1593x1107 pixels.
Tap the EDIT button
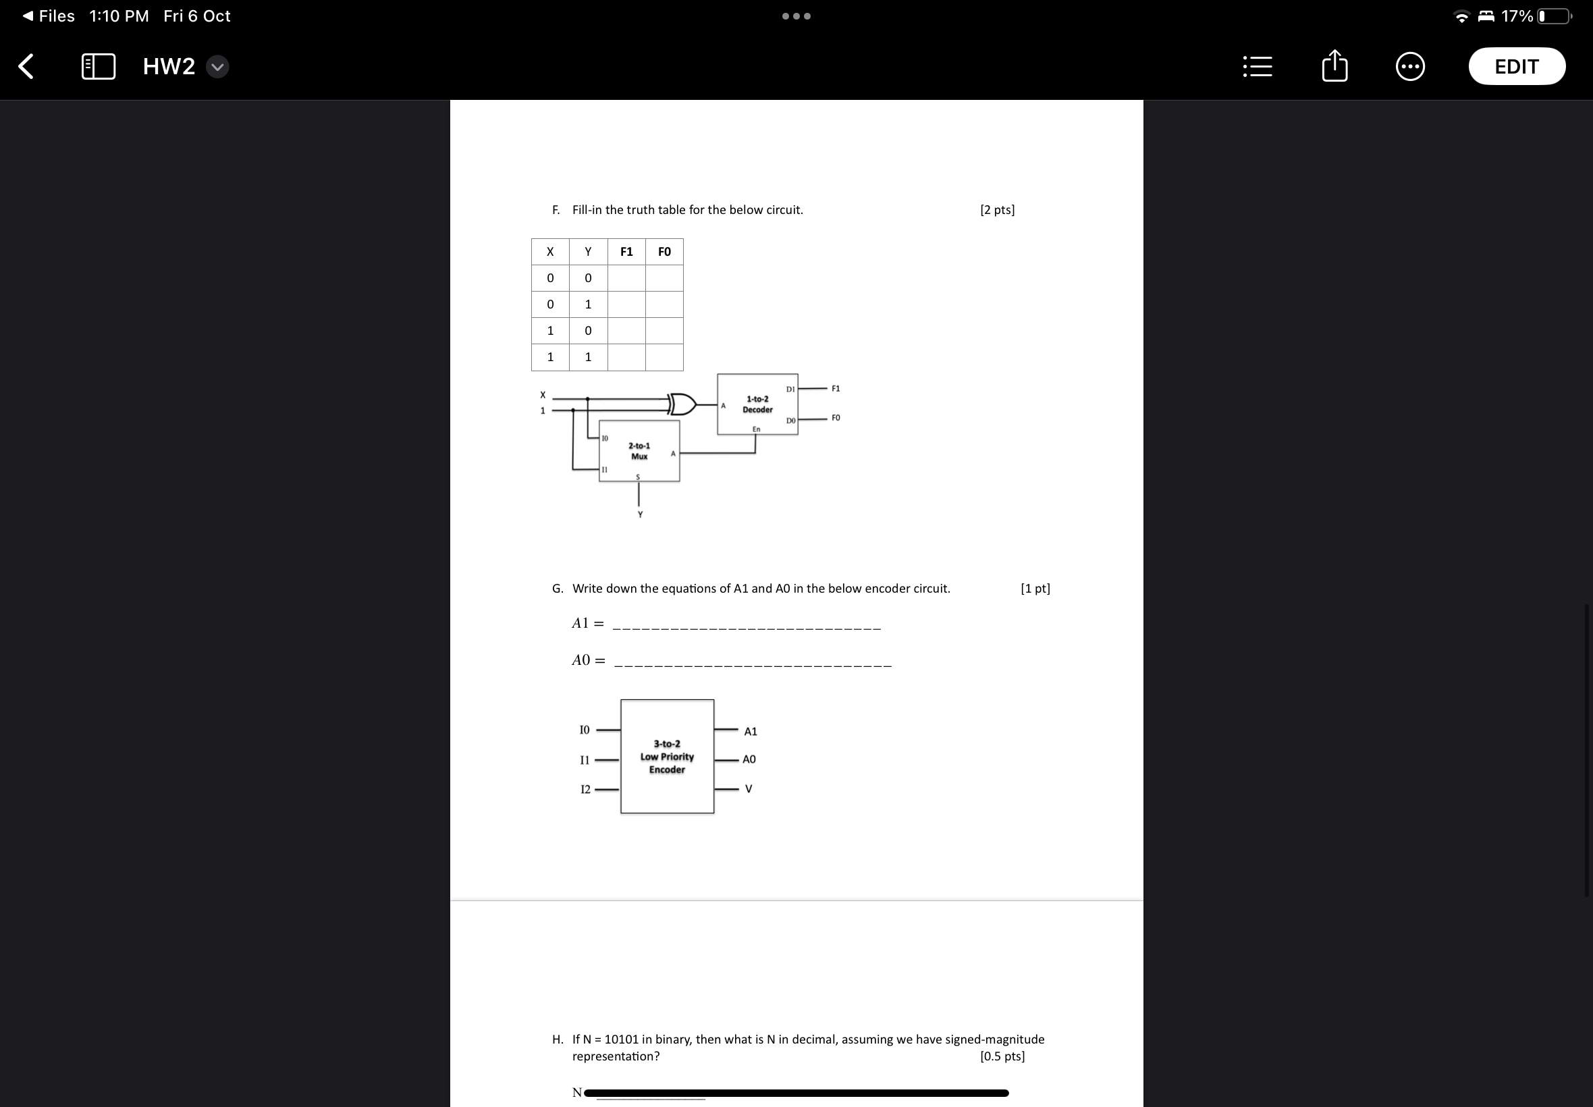(x=1516, y=67)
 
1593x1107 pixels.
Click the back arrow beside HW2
(x=26, y=67)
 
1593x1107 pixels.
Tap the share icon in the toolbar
(x=1334, y=67)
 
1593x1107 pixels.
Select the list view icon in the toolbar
(x=1258, y=67)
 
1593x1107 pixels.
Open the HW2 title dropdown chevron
(x=218, y=67)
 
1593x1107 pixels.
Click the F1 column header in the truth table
(x=626, y=252)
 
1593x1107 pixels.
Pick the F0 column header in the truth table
(x=664, y=252)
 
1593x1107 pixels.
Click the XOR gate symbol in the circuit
(x=683, y=404)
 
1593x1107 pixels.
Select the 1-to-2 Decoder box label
(x=757, y=404)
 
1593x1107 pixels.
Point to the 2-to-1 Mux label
(x=639, y=451)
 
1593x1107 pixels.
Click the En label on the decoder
(x=756, y=429)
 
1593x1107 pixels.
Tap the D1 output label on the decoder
(x=790, y=389)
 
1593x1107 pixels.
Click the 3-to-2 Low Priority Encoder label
(x=667, y=757)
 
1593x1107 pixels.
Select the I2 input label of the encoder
(x=585, y=789)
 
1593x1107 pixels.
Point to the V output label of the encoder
(x=749, y=788)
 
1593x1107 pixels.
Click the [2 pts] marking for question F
(x=997, y=210)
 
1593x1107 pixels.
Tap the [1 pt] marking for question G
(x=1035, y=589)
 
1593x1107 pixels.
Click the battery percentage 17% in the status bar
(x=1517, y=16)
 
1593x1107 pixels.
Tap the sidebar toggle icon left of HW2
(x=99, y=67)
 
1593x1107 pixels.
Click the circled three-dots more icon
(x=1410, y=67)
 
